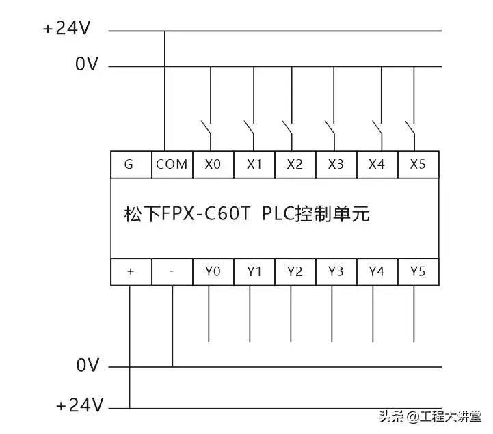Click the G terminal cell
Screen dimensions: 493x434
point(130,165)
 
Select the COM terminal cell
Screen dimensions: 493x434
point(172,165)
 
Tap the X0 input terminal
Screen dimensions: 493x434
point(213,165)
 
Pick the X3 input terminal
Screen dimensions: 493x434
point(336,165)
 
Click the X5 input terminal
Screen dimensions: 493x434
point(418,165)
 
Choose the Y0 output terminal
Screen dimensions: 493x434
point(213,271)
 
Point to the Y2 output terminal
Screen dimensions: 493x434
point(295,271)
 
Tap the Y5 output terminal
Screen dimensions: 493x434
point(418,271)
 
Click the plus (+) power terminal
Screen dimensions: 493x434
point(130,271)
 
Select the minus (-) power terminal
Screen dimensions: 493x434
point(172,271)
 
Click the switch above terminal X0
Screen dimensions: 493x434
point(206,128)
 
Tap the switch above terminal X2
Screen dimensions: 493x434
point(289,128)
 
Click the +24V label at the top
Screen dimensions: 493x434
point(67,30)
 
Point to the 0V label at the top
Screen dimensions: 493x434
point(87,66)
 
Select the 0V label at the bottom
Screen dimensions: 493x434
point(87,366)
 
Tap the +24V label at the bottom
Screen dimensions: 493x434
point(79,407)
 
